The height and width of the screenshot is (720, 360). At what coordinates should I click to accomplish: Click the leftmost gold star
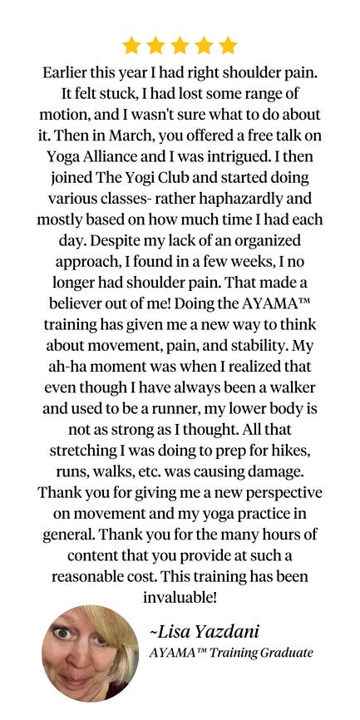click(131, 45)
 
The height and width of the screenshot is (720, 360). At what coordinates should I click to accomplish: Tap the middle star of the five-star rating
click(180, 45)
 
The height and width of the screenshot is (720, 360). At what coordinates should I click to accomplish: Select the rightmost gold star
click(228, 45)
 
